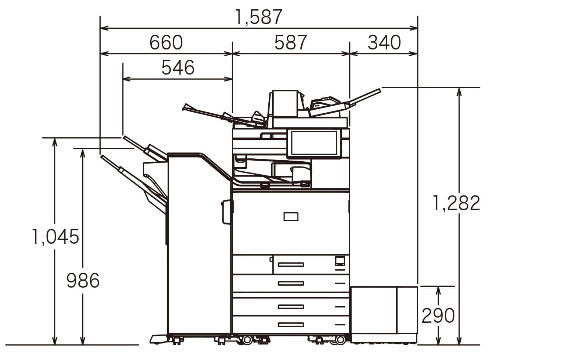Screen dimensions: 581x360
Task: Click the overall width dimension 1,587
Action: pyautogui.click(x=259, y=17)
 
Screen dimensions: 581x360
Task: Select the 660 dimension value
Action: pyautogui.click(x=166, y=42)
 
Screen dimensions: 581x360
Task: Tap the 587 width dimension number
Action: pyautogui.click(x=290, y=42)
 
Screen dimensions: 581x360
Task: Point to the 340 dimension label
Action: pyautogui.click(x=384, y=42)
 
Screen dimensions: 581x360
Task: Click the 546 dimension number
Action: pyautogui.click(x=178, y=68)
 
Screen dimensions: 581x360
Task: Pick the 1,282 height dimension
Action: pyautogui.click(x=456, y=203)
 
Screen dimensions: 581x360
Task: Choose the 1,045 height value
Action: pyautogui.click(x=55, y=237)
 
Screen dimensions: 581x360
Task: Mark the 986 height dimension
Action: pyautogui.click(x=83, y=280)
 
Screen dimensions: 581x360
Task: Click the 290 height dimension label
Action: pyautogui.click(x=438, y=315)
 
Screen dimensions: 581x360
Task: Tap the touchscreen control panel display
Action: pyautogui.click(x=314, y=143)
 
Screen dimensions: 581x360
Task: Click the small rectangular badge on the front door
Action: pyautogui.click(x=291, y=217)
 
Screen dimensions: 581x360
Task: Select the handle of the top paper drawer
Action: pyautogui.click(x=291, y=264)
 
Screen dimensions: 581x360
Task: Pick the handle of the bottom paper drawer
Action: pyautogui.click(x=291, y=325)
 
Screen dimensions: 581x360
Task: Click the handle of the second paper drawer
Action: pyautogui.click(x=291, y=284)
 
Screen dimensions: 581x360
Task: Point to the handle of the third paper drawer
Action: pyautogui.click(x=291, y=307)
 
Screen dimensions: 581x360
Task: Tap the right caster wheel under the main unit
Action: pyautogui.click(x=340, y=340)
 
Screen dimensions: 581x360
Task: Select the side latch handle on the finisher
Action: pyautogui.click(x=226, y=212)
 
